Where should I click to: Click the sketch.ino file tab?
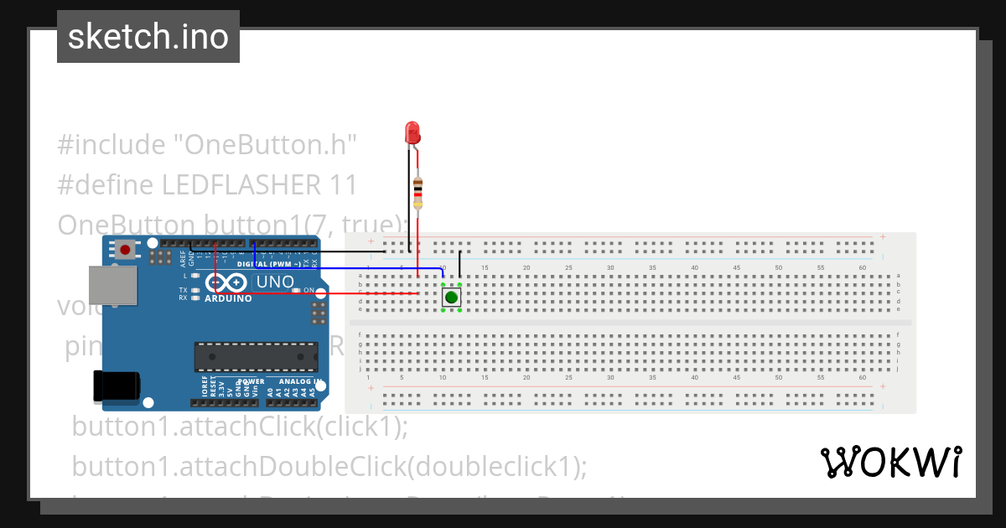pyautogui.click(x=148, y=37)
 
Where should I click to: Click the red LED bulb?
pyautogui.click(x=412, y=132)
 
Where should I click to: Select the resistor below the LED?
pyautogui.click(x=417, y=192)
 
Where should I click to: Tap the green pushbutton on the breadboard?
pyautogui.click(x=451, y=297)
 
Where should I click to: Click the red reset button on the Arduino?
pyautogui.click(x=126, y=249)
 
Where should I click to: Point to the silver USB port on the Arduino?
pyautogui.click(x=112, y=286)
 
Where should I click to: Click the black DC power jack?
pyautogui.click(x=117, y=386)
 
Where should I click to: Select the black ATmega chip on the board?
pyautogui.click(x=256, y=356)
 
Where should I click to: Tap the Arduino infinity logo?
pyautogui.click(x=220, y=283)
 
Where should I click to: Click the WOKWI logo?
pyautogui.click(x=890, y=462)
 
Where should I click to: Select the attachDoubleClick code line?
pyautogui.click(x=329, y=465)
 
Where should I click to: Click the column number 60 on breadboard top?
pyautogui.click(x=863, y=268)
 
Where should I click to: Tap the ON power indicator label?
pyautogui.click(x=309, y=291)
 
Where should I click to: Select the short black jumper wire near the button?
pyautogui.click(x=459, y=263)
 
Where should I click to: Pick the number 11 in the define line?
pyautogui.click(x=344, y=184)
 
